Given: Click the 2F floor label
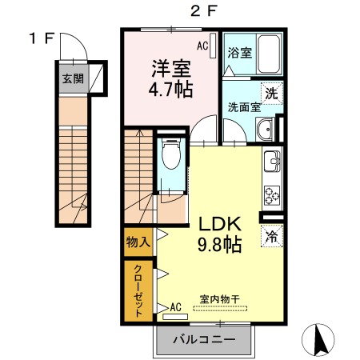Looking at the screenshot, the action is pyautogui.click(x=202, y=11).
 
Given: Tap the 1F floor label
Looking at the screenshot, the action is pyautogui.click(x=42, y=38).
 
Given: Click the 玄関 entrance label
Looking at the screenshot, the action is pyautogui.click(x=73, y=78).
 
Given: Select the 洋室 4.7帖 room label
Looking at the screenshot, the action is pyautogui.click(x=170, y=79).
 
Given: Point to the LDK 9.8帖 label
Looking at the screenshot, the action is pyautogui.click(x=220, y=234).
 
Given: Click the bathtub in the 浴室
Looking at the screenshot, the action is pyautogui.click(x=269, y=54).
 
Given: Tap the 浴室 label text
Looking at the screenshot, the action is pyautogui.click(x=240, y=53).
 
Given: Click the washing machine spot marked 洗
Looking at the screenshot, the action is pyautogui.click(x=272, y=94).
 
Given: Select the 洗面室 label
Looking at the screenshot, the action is pyautogui.click(x=244, y=107).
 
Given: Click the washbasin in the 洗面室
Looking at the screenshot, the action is pyautogui.click(x=265, y=130).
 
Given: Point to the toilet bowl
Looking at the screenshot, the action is pyautogui.click(x=171, y=154).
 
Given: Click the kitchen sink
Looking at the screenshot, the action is pyautogui.click(x=272, y=161).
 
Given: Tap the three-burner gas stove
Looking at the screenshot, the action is pyautogui.click(x=272, y=195).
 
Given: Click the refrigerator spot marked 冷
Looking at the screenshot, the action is pyautogui.click(x=272, y=236).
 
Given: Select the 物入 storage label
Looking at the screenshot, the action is pyautogui.click(x=138, y=242).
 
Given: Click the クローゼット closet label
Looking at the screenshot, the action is pyautogui.click(x=138, y=290).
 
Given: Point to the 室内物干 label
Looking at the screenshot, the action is pyautogui.click(x=220, y=299).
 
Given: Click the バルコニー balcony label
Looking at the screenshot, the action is pyautogui.click(x=204, y=339).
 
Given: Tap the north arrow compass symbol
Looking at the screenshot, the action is pyautogui.click(x=318, y=339).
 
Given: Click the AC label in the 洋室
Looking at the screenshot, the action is pyautogui.click(x=202, y=46).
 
